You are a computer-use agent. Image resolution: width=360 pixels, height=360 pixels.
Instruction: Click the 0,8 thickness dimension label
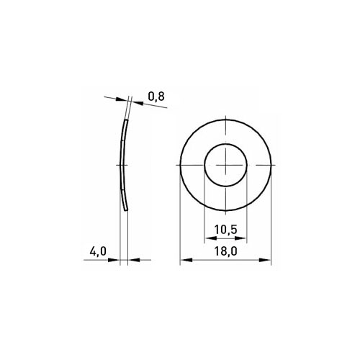coord(156,96)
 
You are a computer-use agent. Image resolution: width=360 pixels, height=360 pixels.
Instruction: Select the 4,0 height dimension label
coord(98,251)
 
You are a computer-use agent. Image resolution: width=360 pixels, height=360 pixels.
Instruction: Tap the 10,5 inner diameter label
coord(225,230)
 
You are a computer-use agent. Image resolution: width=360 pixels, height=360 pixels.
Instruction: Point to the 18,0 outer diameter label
coord(225,251)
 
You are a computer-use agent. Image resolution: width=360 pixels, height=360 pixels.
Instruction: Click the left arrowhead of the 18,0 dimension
coord(186,260)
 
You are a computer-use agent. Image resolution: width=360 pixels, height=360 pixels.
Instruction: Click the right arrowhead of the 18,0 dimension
coord(265,260)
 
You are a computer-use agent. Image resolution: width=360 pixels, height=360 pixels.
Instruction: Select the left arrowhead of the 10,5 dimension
coord(210,238)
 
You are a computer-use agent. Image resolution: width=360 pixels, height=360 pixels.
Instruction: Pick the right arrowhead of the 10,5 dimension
coord(240,238)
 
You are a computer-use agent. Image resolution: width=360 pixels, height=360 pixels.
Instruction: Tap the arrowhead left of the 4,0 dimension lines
coord(114,260)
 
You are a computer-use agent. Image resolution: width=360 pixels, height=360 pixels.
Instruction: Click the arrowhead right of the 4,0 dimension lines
coord(134,260)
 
